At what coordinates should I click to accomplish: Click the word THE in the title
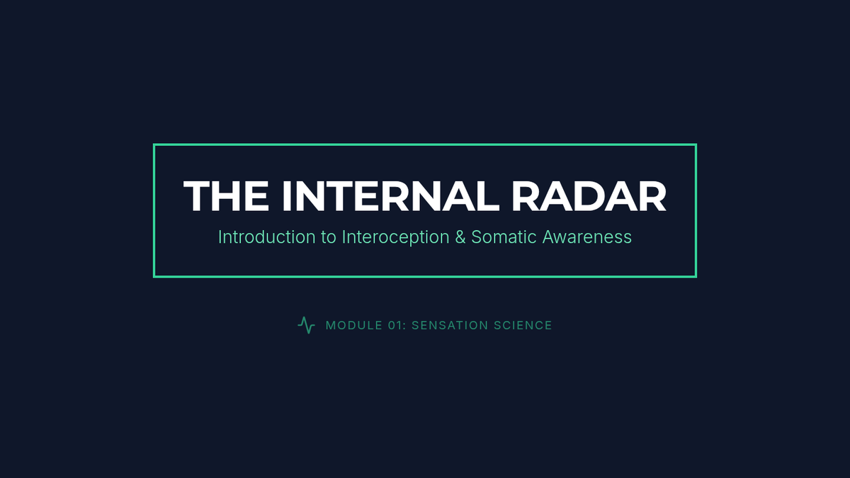226,195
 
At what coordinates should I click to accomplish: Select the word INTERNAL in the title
391,195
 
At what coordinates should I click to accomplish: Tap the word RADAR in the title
589,195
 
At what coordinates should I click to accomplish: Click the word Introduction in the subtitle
267,237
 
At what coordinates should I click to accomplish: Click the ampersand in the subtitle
460,237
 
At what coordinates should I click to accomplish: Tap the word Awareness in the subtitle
587,237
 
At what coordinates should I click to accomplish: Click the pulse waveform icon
306,325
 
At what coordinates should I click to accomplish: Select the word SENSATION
450,326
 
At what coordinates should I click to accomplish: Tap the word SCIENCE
523,326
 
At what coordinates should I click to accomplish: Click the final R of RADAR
652,195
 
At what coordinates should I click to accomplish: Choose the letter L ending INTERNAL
488,195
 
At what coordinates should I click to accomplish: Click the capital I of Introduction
220,237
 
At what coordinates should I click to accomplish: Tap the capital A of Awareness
550,237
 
